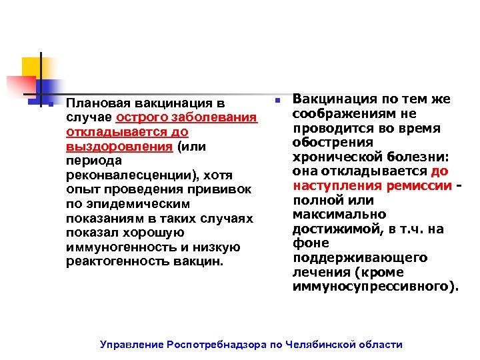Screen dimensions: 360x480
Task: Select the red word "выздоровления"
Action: pyautogui.click(x=101, y=147)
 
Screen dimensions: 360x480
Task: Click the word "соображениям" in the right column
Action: pyautogui.click(x=339, y=113)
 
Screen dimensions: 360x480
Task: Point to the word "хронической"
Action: pyautogui.click(x=333, y=157)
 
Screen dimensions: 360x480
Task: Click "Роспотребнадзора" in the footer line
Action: pyautogui.click(x=217, y=345)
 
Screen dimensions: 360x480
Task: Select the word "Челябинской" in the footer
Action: pyautogui.click(x=321, y=345)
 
